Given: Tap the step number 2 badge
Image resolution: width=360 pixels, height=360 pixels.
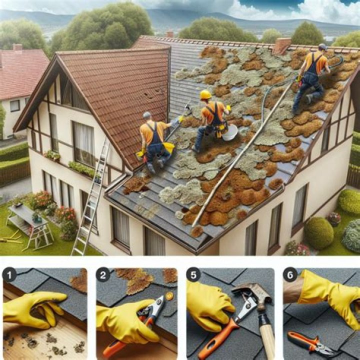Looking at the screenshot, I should click(x=104, y=274).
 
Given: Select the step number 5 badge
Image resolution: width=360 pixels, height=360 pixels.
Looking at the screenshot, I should click(x=193, y=274).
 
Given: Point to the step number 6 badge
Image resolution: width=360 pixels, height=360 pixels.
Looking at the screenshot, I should click(x=289, y=274).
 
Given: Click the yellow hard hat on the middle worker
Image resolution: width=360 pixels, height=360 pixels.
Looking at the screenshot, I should click(x=205, y=94).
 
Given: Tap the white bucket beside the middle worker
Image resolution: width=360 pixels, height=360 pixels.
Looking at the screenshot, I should click(x=229, y=132).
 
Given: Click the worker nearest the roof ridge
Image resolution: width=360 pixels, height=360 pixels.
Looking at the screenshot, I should click(x=311, y=75).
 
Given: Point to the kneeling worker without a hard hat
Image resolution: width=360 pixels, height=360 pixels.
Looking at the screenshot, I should click(x=153, y=142).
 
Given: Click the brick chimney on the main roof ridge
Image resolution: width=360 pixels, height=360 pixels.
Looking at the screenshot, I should click(x=281, y=45).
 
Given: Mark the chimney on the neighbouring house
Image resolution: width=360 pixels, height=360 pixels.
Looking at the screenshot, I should click(x=18, y=48).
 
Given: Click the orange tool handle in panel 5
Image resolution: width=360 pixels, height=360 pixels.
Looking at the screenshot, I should click(x=217, y=340).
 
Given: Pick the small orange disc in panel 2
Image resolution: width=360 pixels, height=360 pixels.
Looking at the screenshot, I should click(x=169, y=296).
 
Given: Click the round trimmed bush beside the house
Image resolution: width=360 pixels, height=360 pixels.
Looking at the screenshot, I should click(x=318, y=232).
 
